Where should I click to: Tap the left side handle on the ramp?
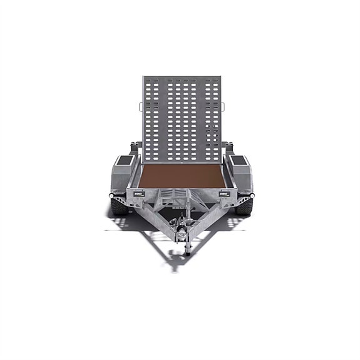(x=140, y=107)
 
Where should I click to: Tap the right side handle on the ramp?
(x=224, y=107)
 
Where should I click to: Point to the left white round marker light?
(x=113, y=197)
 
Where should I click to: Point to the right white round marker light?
(x=250, y=197)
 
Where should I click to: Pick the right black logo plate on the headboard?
(x=224, y=194)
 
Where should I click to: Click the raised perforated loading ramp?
(x=182, y=116)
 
